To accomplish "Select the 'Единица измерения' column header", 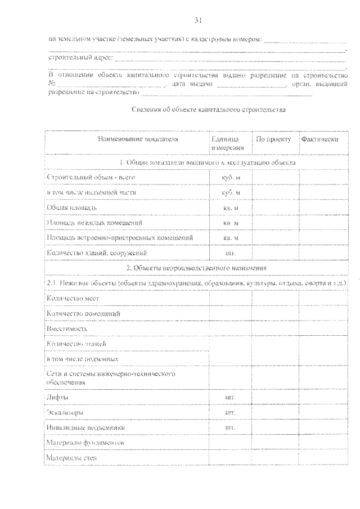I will (228, 143).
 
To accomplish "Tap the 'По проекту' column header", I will (273, 139).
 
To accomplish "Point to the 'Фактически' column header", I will (319, 139).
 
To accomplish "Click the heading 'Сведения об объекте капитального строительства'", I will (208, 110).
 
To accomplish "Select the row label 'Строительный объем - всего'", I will (91, 178).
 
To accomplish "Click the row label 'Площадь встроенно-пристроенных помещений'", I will (120, 238).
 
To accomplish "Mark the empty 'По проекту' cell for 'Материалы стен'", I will (275, 458).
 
